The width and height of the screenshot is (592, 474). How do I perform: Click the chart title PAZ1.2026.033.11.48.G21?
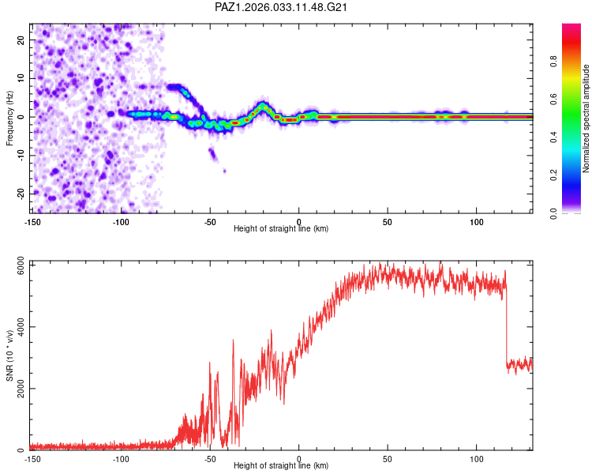(282, 7)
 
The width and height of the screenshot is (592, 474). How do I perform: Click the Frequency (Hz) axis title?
(9, 118)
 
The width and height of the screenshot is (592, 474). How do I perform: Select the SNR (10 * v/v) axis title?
(9, 356)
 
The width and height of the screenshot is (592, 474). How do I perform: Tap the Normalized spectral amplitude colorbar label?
(586, 119)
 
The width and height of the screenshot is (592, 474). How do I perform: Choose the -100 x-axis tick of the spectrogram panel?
(121, 221)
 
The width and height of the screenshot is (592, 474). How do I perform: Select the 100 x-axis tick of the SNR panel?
(477, 458)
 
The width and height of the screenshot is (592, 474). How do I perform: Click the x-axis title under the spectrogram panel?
(281, 229)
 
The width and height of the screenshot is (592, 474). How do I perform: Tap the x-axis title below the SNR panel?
(281, 466)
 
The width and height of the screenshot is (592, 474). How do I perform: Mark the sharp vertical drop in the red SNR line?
(505, 324)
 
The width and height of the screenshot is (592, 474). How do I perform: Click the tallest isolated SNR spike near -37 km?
(233, 340)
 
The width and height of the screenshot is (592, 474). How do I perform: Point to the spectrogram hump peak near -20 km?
(263, 104)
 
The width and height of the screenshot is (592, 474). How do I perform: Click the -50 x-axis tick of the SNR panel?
(210, 458)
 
